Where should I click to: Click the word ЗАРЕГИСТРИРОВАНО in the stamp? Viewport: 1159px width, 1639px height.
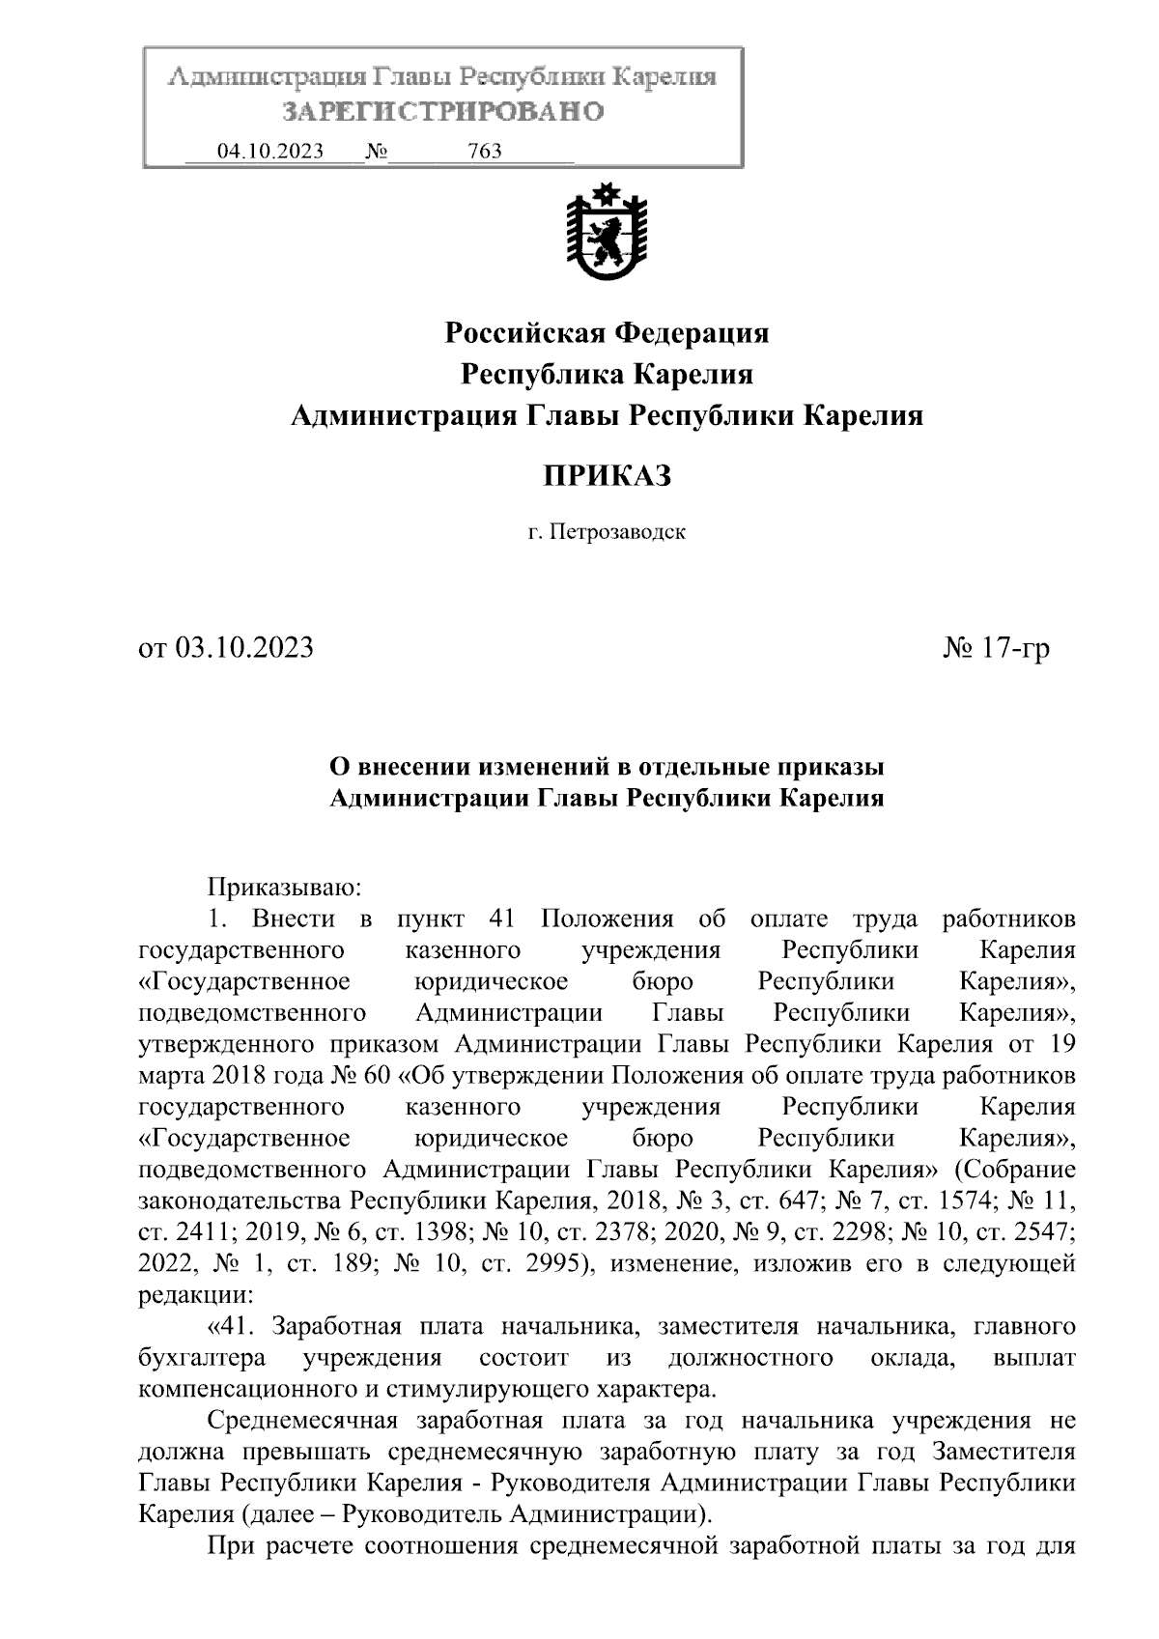click(x=442, y=112)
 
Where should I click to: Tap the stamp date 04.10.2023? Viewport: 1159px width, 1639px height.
click(x=270, y=152)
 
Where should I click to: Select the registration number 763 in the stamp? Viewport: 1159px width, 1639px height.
click(x=484, y=152)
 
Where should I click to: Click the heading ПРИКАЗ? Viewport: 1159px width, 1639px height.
click(x=606, y=475)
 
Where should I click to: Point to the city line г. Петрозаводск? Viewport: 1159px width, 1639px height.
click(x=606, y=532)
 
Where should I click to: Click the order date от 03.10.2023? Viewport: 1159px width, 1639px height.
click(x=227, y=647)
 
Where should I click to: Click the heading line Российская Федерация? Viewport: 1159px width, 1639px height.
click(x=606, y=333)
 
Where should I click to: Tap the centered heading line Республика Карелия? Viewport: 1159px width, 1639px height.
click(x=606, y=375)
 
